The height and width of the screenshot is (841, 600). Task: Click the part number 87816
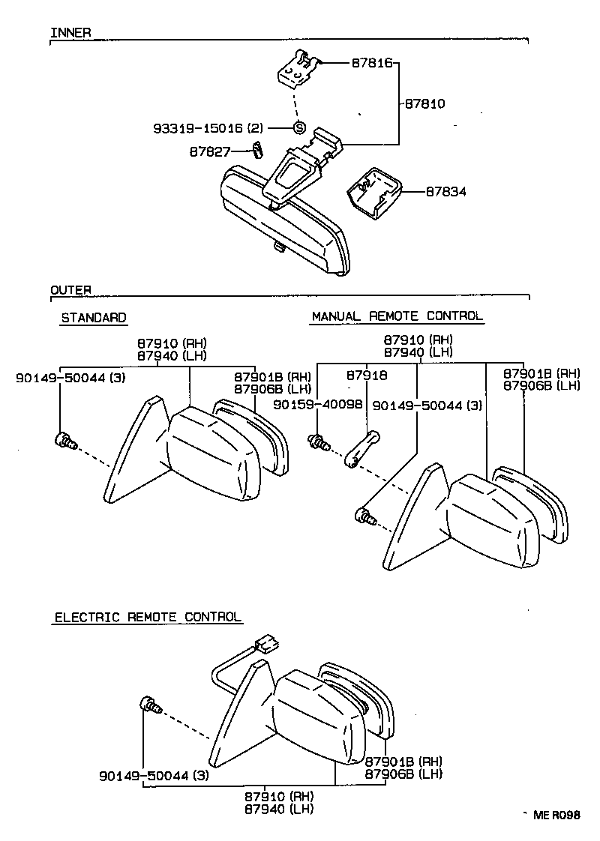(373, 64)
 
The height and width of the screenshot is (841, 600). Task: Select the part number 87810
(424, 103)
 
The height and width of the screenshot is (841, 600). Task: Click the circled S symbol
(298, 127)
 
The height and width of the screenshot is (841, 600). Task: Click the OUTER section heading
(70, 289)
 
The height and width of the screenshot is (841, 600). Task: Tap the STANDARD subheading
(93, 318)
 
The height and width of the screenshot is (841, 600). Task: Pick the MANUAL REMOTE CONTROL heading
(397, 316)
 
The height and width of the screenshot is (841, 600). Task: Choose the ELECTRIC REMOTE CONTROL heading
(148, 617)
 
